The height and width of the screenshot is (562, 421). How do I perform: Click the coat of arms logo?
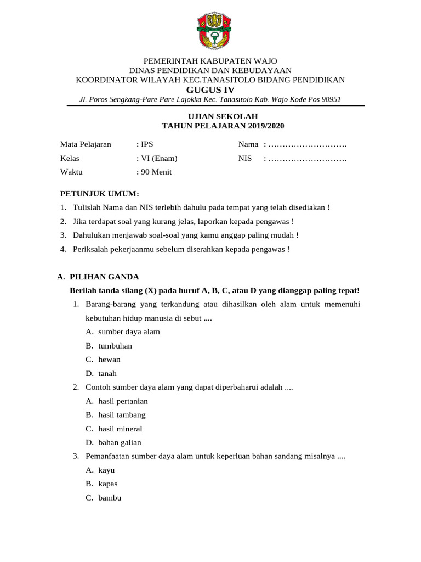(x=210, y=30)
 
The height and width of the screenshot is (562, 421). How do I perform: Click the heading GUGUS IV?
(x=210, y=89)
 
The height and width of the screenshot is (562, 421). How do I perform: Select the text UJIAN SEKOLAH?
(x=210, y=116)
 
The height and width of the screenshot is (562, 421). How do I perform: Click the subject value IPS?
(x=146, y=144)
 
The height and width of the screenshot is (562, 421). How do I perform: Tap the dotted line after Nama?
(x=308, y=145)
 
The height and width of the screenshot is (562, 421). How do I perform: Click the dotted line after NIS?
(x=308, y=159)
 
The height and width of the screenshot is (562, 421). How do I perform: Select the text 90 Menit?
(x=156, y=172)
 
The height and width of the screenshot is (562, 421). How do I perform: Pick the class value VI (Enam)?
(x=159, y=159)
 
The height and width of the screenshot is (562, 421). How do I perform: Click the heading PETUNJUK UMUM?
(x=99, y=194)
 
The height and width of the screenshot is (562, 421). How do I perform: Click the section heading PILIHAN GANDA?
(x=104, y=277)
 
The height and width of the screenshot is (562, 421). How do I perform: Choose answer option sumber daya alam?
(x=129, y=332)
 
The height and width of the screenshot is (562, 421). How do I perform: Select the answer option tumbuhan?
(x=115, y=346)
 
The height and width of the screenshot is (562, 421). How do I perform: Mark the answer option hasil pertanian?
(x=123, y=401)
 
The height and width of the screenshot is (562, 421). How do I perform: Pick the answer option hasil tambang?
(x=122, y=415)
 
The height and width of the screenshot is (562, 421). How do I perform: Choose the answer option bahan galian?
(x=120, y=442)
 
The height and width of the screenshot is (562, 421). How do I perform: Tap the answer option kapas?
(x=108, y=484)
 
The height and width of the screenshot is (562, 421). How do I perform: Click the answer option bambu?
(x=110, y=498)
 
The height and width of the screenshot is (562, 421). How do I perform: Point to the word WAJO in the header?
(x=265, y=61)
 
